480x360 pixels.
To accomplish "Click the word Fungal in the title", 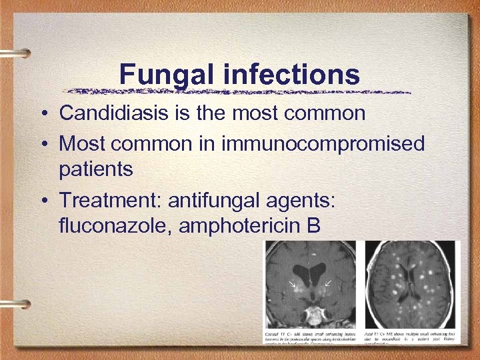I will pyautogui.click(x=167, y=75).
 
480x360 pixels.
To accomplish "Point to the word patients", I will pyautogui.click(x=96, y=169).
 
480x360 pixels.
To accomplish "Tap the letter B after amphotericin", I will pyautogui.click(x=313, y=226).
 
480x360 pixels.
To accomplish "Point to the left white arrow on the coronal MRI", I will pyautogui.click(x=291, y=285).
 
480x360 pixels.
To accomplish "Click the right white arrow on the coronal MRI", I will pyautogui.click(x=327, y=285).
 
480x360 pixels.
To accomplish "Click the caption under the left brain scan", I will pyautogui.click(x=309, y=337).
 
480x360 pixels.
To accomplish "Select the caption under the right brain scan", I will pyautogui.click(x=409, y=337).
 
